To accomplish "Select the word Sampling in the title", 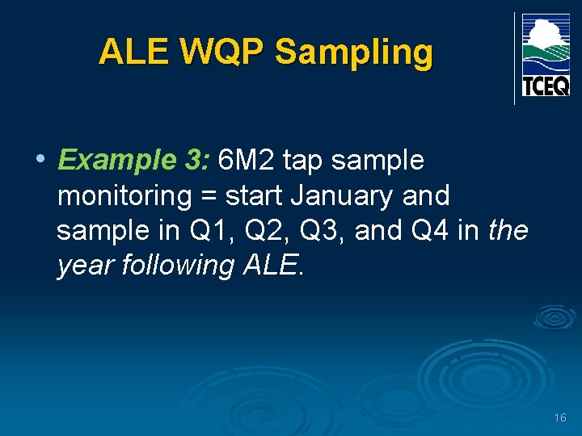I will (x=353, y=52).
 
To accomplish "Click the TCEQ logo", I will (x=546, y=55).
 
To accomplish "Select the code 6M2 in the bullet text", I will (x=247, y=160).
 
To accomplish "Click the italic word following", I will (x=179, y=265).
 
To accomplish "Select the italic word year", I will (x=86, y=265).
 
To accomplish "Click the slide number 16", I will (x=560, y=417).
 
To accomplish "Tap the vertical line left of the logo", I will (x=515, y=58).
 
